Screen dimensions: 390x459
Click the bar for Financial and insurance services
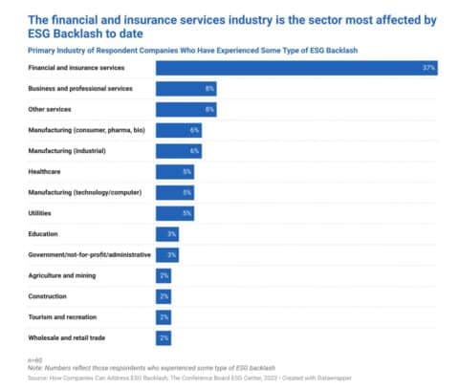point(296,68)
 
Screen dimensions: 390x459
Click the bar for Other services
point(186,109)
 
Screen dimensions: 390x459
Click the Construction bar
point(164,296)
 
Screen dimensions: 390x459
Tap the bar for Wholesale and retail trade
point(164,338)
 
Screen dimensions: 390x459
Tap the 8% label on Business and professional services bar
point(209,89)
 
